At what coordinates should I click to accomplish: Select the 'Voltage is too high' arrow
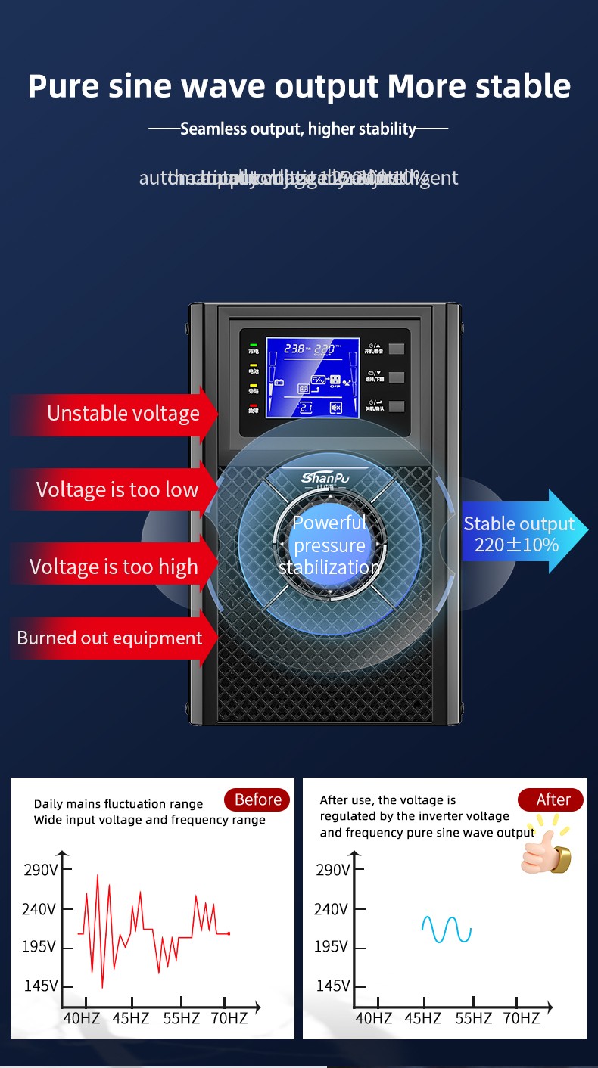[x=114, y=567]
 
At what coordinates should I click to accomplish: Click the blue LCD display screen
[x=312, y=377]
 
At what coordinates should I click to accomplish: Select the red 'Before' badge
[x=257, y=800]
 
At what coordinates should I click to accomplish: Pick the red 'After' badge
[x=552, y=800]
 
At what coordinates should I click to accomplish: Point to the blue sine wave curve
[x=447, y=930]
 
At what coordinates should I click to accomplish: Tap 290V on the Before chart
[x=40, y=870]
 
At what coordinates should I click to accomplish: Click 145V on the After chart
[x=333, y=986]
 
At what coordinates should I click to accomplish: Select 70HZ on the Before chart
[x=229, y=1018]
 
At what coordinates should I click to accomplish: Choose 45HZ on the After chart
[x=422, y=1018]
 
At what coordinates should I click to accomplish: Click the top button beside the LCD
[x=396, y=349]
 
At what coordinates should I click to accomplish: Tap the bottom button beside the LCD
[x=396, y=406]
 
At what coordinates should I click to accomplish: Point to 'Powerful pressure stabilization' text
[x=329, y=545]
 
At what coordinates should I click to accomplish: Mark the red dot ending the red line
[x=229, y=933]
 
